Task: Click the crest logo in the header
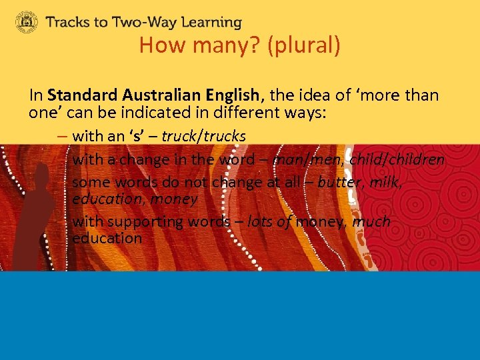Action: pyautogui.click(x=27, y=22)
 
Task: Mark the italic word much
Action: pyautogui.click(x=372, y=221)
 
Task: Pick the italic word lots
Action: pyautogui.click(x=259, y=221)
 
